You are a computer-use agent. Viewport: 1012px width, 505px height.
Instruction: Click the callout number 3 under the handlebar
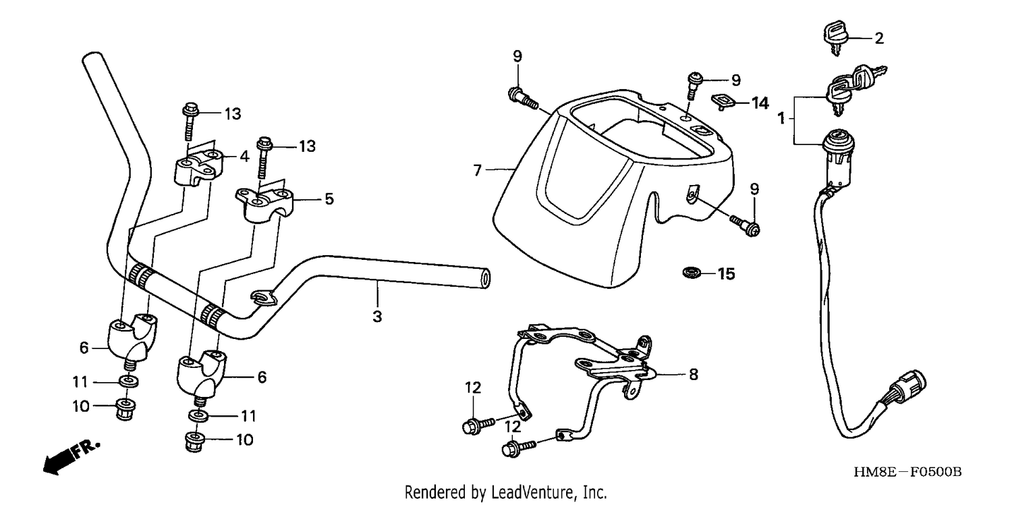pyautogui.click(x=377, y=317)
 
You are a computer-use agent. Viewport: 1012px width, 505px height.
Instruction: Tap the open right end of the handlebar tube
pyautogui.click(x=485, y=278)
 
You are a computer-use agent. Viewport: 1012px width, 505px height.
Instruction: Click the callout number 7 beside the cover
pyautogui.click(x=477, y=170)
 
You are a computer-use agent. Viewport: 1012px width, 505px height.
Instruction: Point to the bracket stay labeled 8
pyautogui.click(x=583, y=375)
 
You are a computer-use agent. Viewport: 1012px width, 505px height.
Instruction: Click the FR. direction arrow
pyautogui.click(x=71, y=456)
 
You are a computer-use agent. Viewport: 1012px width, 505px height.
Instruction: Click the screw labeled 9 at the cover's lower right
pyautogui.click(x=745, y=225)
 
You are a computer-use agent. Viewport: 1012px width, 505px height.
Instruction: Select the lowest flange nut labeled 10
pyautogui.click(x=195, y=442)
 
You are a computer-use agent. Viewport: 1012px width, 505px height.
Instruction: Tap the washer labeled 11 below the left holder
pyautogui.click(x=130, y=381)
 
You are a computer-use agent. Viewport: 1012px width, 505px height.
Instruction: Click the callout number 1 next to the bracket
pyautogui.click(x=781, y=118)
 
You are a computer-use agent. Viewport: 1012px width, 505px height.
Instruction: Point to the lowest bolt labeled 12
pyautogui.click(x=519, y=448)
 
